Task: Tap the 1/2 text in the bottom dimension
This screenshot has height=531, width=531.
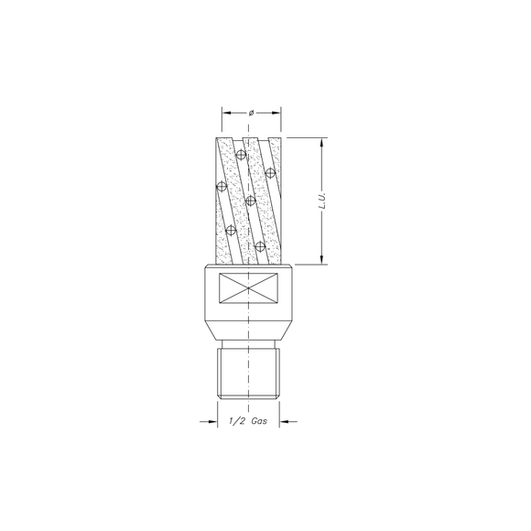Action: (234, 422)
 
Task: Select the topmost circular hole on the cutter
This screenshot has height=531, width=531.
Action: (240, 154)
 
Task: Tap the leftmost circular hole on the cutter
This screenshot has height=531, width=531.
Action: (221, 187)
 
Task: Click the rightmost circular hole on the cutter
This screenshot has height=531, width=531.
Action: (270, 171)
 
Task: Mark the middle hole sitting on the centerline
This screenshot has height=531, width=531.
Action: (250, 200)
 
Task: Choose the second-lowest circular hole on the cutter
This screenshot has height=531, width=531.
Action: (232, 229)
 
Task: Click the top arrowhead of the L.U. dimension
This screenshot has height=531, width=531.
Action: (323, 143)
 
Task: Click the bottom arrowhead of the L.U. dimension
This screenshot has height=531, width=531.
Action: (323, 260)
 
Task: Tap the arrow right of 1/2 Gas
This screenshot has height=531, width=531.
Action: (284, 422)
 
